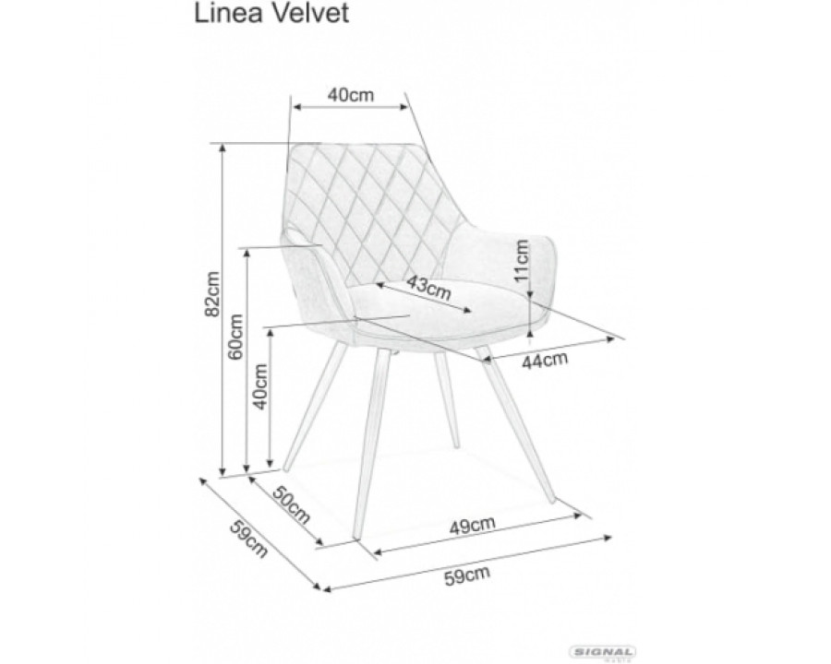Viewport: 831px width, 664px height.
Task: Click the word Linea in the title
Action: coord(228,13)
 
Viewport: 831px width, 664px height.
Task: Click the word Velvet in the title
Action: coord(310,13)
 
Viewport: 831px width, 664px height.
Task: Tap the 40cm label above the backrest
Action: coord(350,95)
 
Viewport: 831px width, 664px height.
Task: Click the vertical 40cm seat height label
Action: coord(260,386)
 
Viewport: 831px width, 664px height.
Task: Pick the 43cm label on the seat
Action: coord(428,288)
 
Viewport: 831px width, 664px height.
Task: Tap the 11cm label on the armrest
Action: coord(522,260)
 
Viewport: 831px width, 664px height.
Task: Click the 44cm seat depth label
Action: coord(545,360)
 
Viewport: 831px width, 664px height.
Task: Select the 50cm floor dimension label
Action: coord(291,504)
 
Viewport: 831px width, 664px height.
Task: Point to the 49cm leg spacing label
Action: coord(472,526)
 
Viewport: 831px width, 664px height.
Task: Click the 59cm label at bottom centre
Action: coord(466,575)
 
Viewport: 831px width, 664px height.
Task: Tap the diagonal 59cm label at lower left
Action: coord(248,539)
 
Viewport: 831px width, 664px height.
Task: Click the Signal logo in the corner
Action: coord(603,652)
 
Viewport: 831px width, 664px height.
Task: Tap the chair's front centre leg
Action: coord(371,444)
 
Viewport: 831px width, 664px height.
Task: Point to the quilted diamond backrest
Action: coord(371,212)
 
